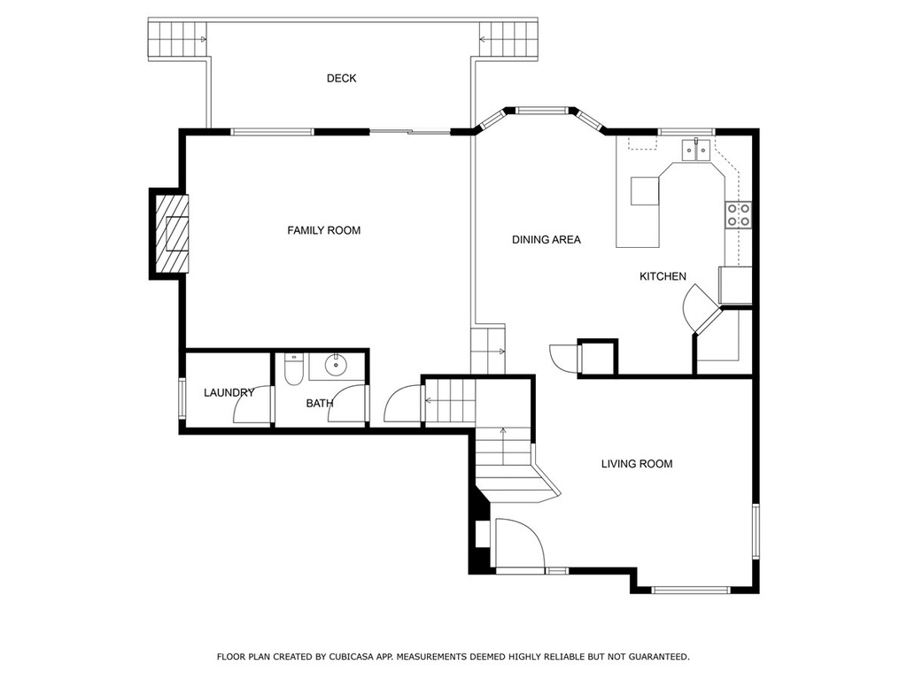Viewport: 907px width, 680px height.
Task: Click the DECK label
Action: pyautogui.click(x=341, y=78)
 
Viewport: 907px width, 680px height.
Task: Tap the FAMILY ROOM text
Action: pyautogui.click(x=324, y=230)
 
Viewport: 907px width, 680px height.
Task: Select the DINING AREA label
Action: pyautogui.click(x=546, y=239)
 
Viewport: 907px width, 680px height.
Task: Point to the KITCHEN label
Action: pyautogui.click(x=663, y=276)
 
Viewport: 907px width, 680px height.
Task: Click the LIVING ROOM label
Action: pyautogui.click(x=637, y=464)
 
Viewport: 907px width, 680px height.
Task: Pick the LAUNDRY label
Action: pyautogui.click(x=229, y=392)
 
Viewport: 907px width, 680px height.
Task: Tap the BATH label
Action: pyautogui.click(x=319, y=403)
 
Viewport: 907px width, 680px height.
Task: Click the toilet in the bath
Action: pyautogui.click(x=294, y=369)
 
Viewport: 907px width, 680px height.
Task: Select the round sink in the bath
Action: pyautogui.click(x=336, y=365)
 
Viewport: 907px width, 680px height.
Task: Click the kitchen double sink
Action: pyautogui.click(x=696, y=150)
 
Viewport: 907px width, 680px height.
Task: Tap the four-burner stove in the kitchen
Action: pyautogui.click(x=739, y=214)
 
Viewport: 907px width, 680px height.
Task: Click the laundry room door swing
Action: pyautogui.click(x=252, y=404)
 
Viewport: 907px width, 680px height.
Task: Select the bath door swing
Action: pyautogui.click(x=347, y=404)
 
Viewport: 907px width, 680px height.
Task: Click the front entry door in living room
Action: pyautogui.click(x=519, y=543)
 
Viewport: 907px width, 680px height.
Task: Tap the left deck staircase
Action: pyautogui.click(x=177, y=39)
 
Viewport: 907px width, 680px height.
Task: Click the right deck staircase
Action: pyautogui.click(x=508, y=39)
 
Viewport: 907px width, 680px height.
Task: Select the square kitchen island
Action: pyautogui.click(x=645, y=191)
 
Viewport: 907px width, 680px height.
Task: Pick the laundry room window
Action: pyautogui.click(x=182, y=398)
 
